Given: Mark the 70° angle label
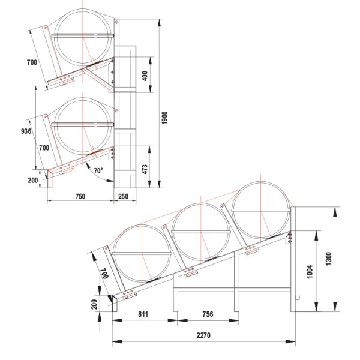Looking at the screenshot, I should pos(98,170).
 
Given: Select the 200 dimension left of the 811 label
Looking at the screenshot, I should pos(94,304).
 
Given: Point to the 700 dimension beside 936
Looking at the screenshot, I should pos(43,147).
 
